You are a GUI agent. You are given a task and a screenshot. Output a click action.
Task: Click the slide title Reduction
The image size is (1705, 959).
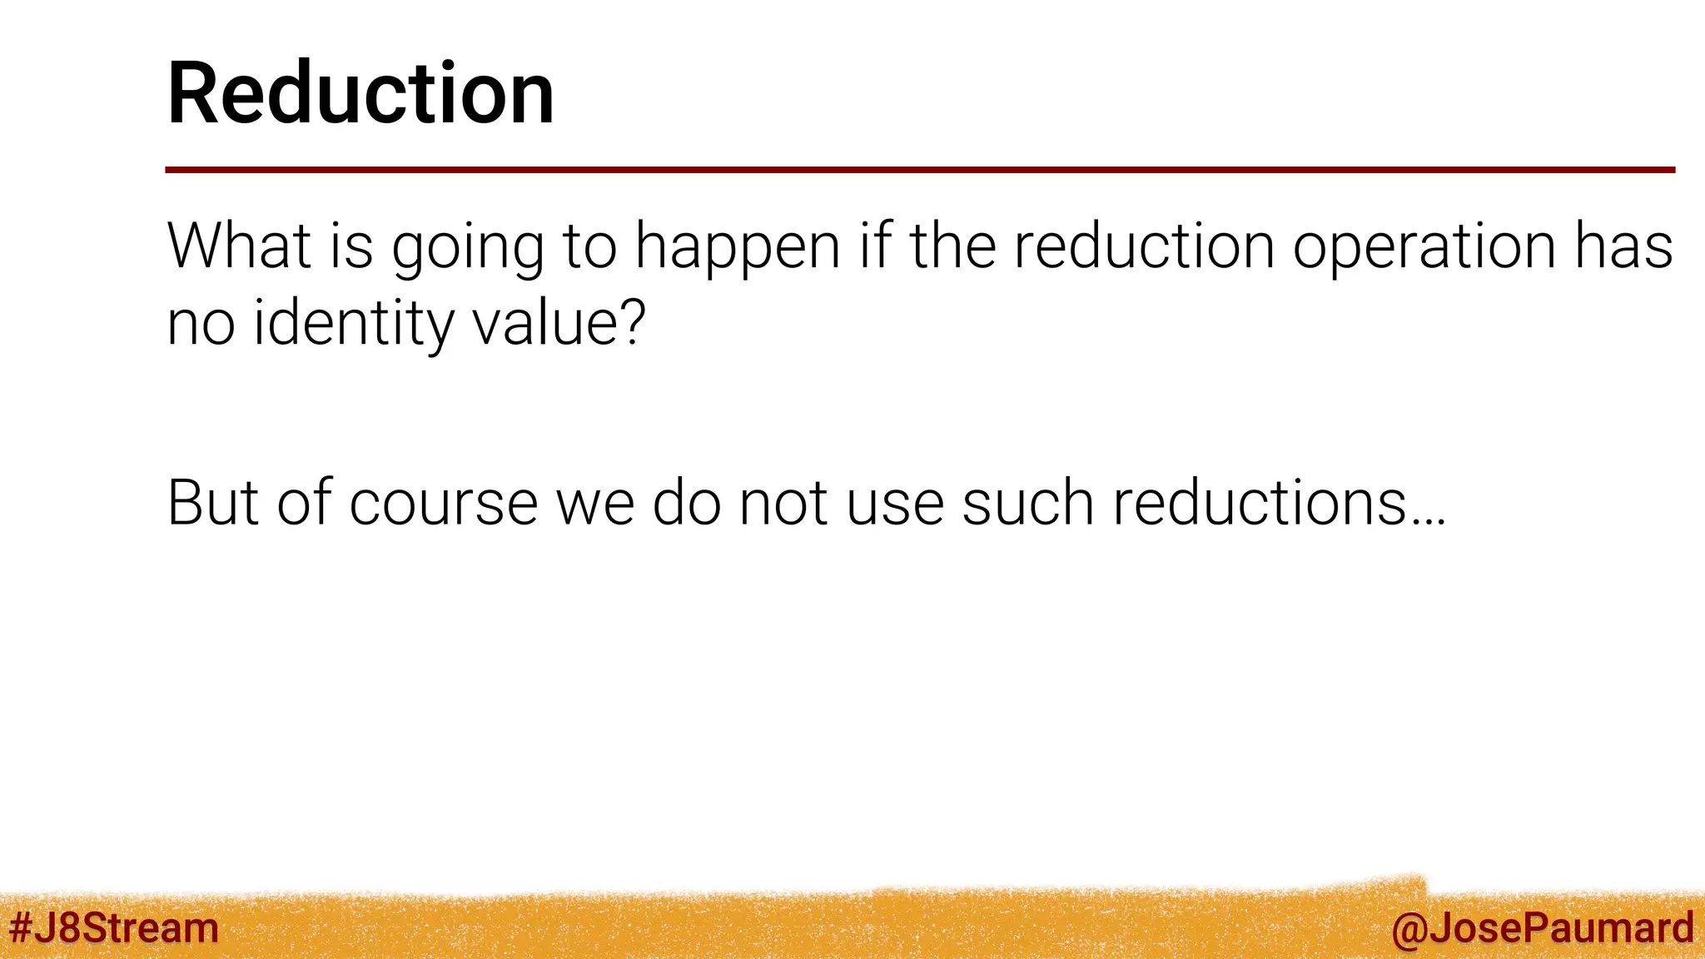tap(360, 93)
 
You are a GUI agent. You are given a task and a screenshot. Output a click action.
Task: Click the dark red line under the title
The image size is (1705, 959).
tap(919, 170)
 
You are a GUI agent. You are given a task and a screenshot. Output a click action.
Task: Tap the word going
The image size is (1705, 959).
tap(468, 248)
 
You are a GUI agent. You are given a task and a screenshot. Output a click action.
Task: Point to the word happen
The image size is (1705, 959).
tap(738, 248)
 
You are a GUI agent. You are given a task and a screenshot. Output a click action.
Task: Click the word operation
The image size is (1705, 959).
tap(1424, 248)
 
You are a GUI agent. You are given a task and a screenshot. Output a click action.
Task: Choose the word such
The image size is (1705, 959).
tap(1027, 503)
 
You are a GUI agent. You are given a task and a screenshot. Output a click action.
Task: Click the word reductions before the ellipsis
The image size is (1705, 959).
tap(1260, 503)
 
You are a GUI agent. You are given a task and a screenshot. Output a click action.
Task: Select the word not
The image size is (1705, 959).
tap(783, 503)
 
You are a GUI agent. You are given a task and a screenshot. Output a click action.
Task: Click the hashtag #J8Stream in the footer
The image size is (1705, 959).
tap(113, 927)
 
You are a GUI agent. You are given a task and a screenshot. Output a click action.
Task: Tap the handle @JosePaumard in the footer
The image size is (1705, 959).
tap(1542, 927)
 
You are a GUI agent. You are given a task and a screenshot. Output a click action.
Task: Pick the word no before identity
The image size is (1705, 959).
tap(201, 325)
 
